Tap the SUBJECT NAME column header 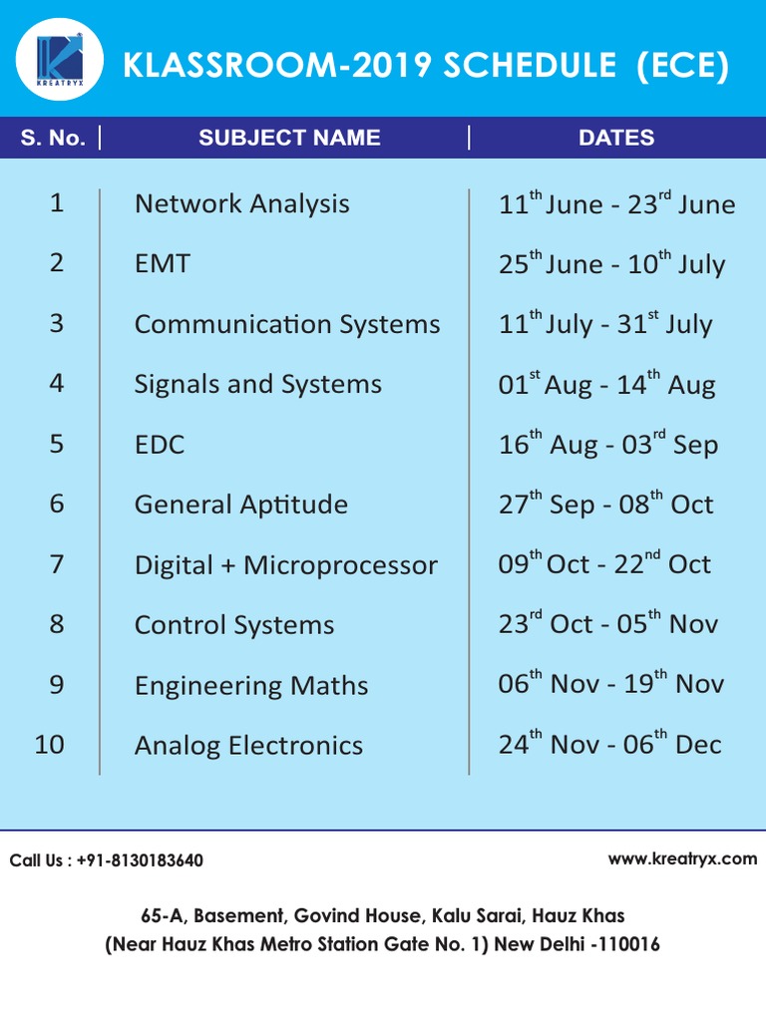289,138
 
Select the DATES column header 616,138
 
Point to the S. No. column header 53,138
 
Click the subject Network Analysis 241,204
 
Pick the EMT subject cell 162,264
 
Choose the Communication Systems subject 286,325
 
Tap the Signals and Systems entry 257,385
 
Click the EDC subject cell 160,445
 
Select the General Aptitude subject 240,505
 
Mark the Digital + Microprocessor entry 285,565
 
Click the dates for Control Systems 607,624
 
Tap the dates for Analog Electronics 609,745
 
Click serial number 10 49,744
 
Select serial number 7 56,564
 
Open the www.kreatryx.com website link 682,858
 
